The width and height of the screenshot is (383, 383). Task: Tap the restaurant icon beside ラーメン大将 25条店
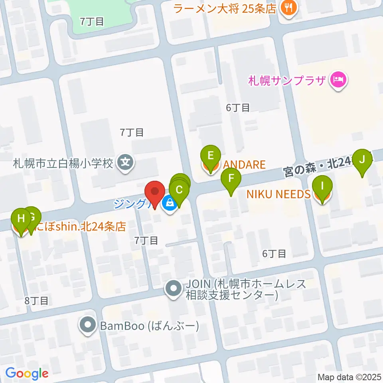point(287,8)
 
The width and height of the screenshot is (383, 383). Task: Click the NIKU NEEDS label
point(278,194)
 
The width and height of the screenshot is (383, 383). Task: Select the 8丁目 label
point(36,300)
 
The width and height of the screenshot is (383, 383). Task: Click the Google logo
point(27,373)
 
